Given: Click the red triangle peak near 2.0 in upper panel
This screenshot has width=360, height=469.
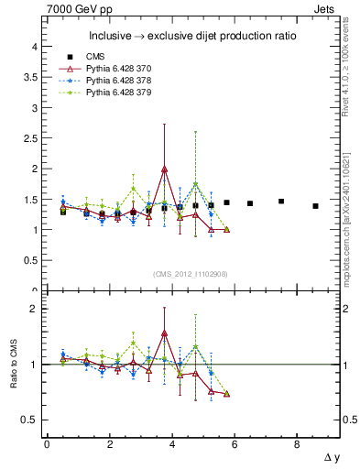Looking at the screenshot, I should coord(164,169).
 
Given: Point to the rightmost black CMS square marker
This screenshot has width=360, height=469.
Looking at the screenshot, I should coord(315,206).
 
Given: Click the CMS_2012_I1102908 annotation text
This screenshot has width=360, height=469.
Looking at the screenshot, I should coord(191,274).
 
